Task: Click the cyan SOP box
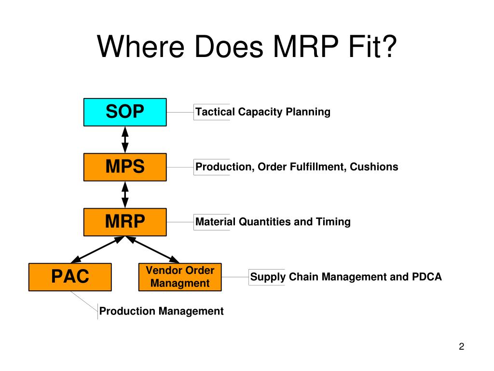pos(125,112)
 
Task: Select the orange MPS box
pos(125,167)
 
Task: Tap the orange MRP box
pos(125,222)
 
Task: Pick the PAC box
pos(70,277)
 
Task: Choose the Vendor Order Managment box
pos(180,277)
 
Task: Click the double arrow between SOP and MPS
pos(125,140)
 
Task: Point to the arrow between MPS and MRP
pos(125,194)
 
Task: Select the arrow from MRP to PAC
pos(98,249)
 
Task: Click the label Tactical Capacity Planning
pos(263,112)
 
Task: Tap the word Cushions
pos(374,167)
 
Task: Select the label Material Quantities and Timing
pos(273,222)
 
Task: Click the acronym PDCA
pos(426,277)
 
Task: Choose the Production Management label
pos(162,311)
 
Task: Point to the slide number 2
pos(461,346)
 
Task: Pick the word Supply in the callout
pos(268,277)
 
